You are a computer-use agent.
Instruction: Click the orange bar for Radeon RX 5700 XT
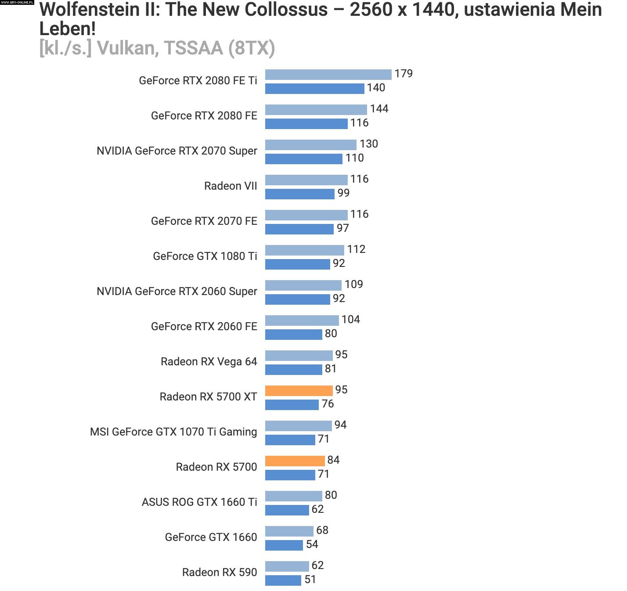coord(299,390)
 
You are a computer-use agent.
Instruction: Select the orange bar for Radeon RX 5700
coord(295,461)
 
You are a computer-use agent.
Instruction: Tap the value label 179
coord(404,74)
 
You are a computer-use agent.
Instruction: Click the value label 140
coord(376,88)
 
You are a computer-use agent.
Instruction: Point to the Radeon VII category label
coord(231,186)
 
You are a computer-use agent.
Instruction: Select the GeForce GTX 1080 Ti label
coord(205,256)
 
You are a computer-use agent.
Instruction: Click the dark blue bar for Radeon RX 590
coord(283,580)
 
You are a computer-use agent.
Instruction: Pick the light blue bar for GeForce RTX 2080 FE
coord(316,109)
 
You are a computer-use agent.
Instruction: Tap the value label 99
coord(343,193)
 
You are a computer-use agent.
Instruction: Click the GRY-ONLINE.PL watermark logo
coord(17,3)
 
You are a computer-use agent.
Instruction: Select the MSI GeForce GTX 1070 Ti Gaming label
coord(173,432)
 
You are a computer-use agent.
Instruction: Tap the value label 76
coord(328,404)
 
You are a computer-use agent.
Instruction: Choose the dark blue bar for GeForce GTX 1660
coord(284,545)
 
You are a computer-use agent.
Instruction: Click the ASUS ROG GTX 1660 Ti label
coord(199,502)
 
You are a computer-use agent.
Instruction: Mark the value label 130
coord(368,144)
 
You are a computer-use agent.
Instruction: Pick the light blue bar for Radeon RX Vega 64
coord(299,355)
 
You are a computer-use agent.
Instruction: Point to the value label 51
coord(310,580)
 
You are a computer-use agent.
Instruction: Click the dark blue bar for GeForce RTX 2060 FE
coord(293,334)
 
